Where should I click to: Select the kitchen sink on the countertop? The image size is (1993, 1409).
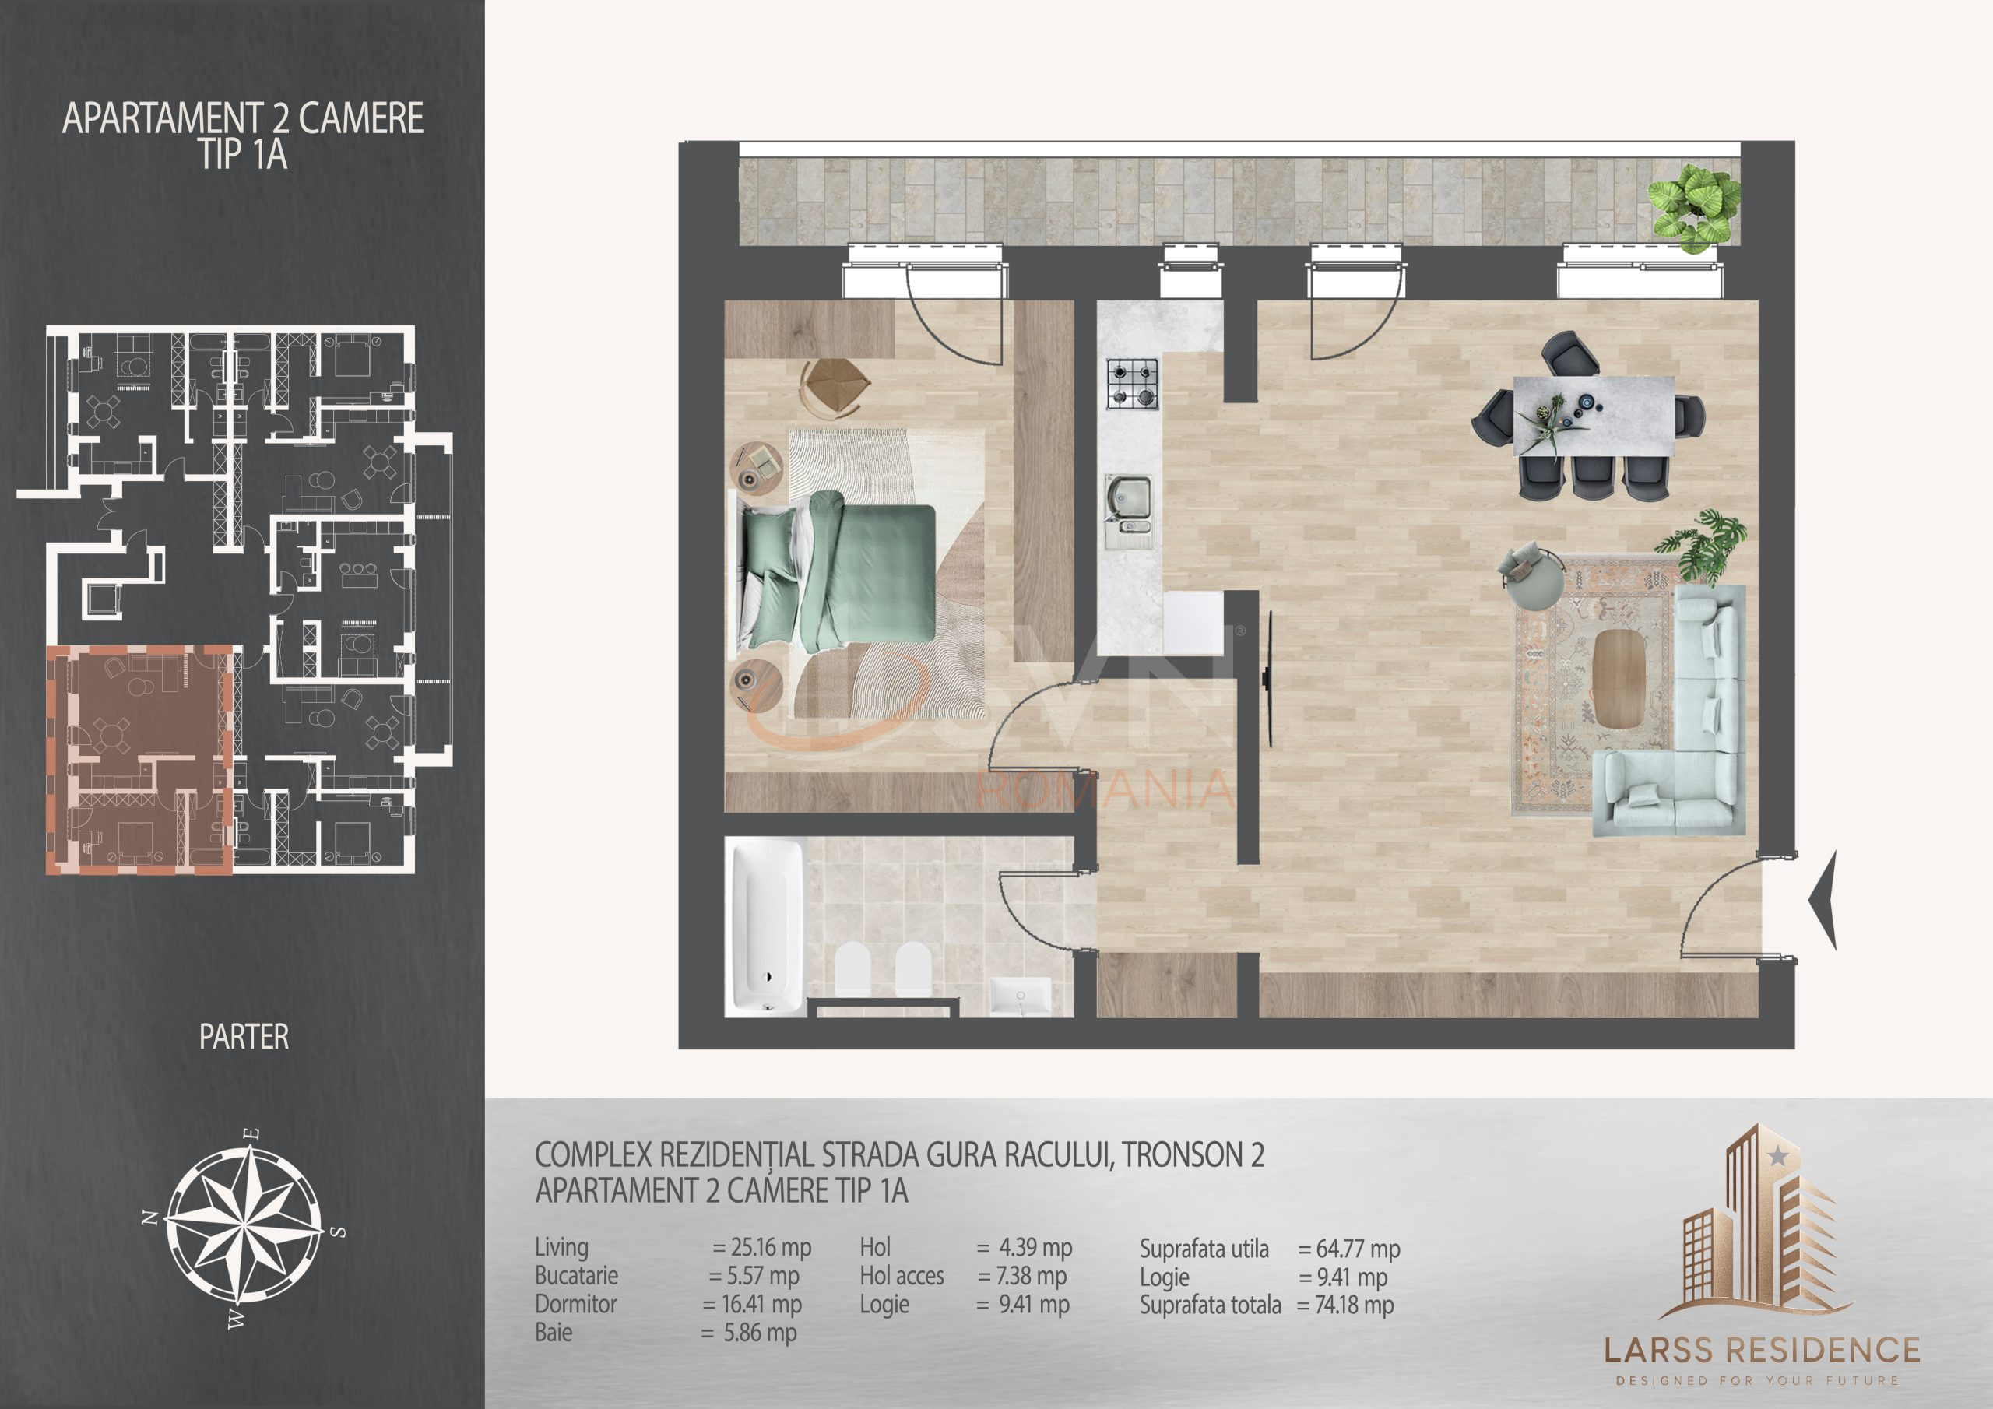coord(1128,504)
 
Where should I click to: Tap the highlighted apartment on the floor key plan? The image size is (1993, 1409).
coord(139,760)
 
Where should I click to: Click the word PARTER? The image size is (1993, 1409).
coord(244,1037)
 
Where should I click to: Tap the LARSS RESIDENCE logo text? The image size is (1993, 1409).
coord(1762,1350)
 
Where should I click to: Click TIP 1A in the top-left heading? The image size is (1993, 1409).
coord(243,156)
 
